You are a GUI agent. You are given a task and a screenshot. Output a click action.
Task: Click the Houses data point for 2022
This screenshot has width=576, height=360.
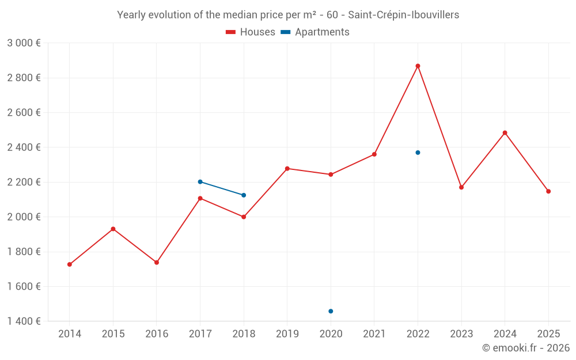click(418, 66)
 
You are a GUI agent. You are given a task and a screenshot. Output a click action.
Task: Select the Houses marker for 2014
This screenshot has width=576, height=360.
click(70, 264)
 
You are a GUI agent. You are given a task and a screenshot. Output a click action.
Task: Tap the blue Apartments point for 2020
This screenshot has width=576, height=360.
click(331, 311)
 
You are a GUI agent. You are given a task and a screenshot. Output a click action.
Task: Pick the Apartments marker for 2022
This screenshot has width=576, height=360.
click(418, 153)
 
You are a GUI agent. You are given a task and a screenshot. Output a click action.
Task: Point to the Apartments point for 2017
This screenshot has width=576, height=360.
click(200, 181)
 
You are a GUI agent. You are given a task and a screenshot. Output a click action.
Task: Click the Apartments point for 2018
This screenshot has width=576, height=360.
click(244, 195)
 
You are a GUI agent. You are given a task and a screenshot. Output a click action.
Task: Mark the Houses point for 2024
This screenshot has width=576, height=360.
click(505, 133)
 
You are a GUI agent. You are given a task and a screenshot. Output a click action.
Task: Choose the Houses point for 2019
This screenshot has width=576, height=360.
click(287, 168)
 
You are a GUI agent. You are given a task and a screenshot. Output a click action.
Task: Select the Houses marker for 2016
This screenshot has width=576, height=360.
click(157, 263)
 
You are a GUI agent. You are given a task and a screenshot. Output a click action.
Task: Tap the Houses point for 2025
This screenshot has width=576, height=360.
click(548, 191)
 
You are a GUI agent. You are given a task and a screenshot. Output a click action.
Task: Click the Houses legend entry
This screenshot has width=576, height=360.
click(251, 32)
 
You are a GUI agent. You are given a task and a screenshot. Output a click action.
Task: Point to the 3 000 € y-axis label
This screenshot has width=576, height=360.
click(24, 43)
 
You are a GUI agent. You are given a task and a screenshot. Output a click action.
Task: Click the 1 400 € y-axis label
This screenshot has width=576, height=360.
click(24, 321)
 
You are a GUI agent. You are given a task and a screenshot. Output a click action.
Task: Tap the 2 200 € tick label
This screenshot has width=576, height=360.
click(24, 182)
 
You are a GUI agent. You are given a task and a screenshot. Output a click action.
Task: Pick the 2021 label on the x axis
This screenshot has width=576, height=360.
click(374, 334)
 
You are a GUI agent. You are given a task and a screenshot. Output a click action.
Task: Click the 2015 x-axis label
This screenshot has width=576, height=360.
click(113, 334)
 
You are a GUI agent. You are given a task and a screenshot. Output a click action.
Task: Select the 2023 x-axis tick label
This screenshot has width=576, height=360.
click(461, 334)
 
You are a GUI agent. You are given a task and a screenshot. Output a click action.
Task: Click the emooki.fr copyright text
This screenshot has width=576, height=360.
click(525, 348)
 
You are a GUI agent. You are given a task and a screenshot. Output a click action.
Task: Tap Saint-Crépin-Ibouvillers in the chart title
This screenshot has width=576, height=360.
click(404, 15)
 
